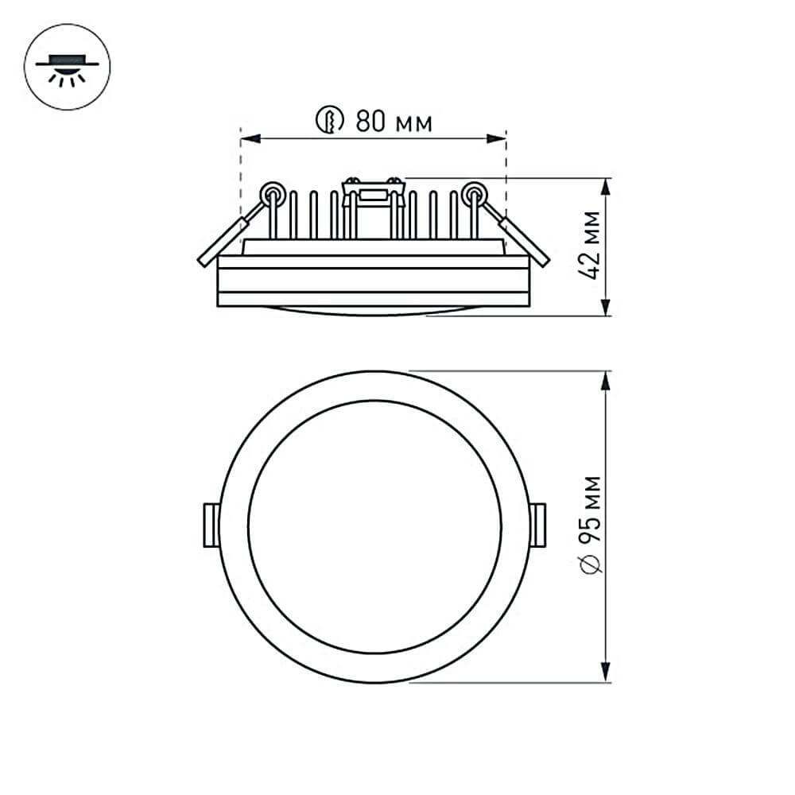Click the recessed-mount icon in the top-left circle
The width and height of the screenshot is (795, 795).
[x=68, y=68]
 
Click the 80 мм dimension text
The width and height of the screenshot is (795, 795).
[x=394, y=122]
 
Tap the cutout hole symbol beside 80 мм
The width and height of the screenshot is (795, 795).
[x=329, y=121]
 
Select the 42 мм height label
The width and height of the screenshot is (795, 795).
[x=590, y=245]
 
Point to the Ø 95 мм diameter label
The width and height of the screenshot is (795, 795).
[x=590, y=525]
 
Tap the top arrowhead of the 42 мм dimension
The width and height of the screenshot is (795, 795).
[x=606, y=187]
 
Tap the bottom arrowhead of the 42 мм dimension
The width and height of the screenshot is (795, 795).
[x=606, y=308]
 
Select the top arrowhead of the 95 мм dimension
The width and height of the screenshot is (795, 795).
[x=606, y=381]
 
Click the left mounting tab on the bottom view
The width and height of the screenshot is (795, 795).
[x=211, y=525]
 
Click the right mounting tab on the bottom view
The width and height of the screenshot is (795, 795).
[x=537, y=525]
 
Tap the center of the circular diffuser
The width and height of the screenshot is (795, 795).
[x=374, y=526]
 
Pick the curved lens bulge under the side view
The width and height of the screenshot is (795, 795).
[x=374, y=311]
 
